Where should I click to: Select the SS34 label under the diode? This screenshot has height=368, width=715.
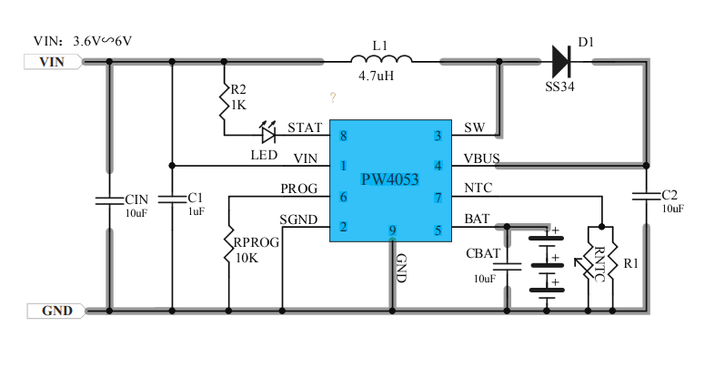coord(560,87)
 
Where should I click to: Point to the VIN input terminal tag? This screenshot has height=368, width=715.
coord(53,62)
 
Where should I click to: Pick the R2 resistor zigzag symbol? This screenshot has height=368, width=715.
coord(223,107)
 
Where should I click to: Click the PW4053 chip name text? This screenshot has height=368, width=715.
coord(389,179)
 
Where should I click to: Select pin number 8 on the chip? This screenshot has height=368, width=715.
coord(343,136)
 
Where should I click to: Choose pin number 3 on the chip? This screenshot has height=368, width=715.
coord(438,136)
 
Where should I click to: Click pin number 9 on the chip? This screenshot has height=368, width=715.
coord(392,230)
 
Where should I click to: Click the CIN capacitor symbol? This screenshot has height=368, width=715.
coord(109,198)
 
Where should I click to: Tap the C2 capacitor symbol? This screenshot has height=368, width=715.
coord(646,195)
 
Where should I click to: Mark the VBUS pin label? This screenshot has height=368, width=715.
coord(481,158)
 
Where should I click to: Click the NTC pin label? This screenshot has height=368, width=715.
coord(478,189)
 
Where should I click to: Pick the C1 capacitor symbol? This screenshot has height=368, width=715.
coord(171,198)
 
